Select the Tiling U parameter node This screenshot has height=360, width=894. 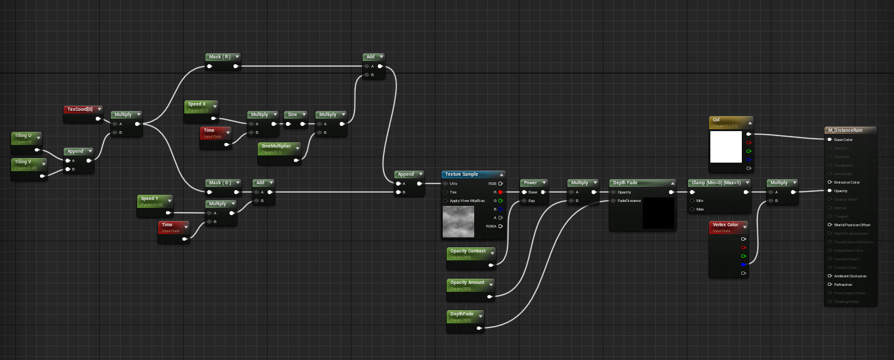[24, 136]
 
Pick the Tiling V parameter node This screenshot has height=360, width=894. [24, 162]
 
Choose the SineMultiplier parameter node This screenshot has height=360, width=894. [276, 146]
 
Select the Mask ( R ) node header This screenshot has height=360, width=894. [219, 57]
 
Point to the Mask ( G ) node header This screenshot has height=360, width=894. [219, 183]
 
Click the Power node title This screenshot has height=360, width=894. [530, 183]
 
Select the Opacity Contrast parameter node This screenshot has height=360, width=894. [468, 251]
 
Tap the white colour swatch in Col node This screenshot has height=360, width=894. [726, 147]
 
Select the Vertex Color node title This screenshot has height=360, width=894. [724, 225]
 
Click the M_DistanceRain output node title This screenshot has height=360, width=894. [845, 130]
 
